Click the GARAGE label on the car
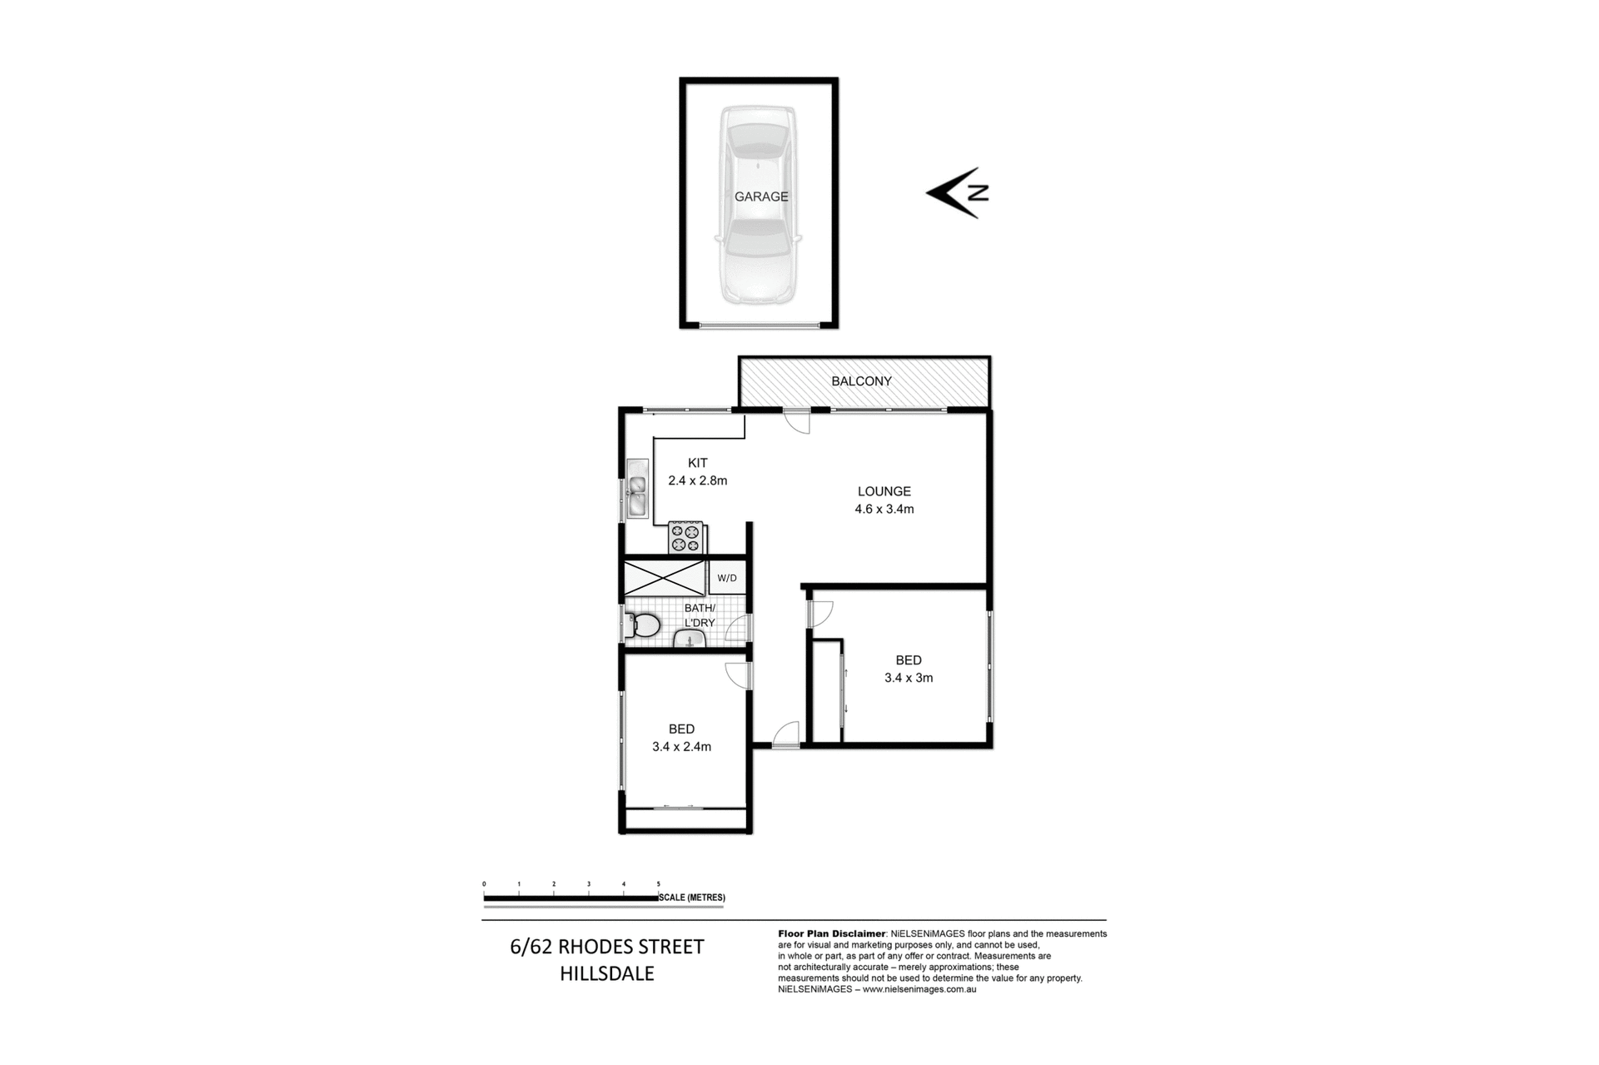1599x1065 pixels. coord(760,197)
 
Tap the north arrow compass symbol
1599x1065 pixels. coord(957,193)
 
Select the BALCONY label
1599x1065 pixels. coord(861,381)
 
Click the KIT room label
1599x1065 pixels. coord(697,463)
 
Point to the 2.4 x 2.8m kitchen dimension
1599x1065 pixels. coord(698,480)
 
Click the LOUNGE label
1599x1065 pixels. coord(884,491)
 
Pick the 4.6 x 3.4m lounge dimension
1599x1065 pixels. coord(884,509)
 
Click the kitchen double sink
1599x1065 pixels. coord(638,492)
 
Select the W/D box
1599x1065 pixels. coord(726,578)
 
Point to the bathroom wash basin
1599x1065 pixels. coord(689,639)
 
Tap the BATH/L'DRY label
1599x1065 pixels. coord(700,615)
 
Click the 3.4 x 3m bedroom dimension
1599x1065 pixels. coord(908,678)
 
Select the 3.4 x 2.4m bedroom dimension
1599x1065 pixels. coord(681,747)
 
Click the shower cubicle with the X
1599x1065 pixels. coord(665,577)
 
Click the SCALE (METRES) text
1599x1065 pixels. coord(692,898)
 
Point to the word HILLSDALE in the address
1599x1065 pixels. coord(606,973)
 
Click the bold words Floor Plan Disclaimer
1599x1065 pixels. coord(832,934)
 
